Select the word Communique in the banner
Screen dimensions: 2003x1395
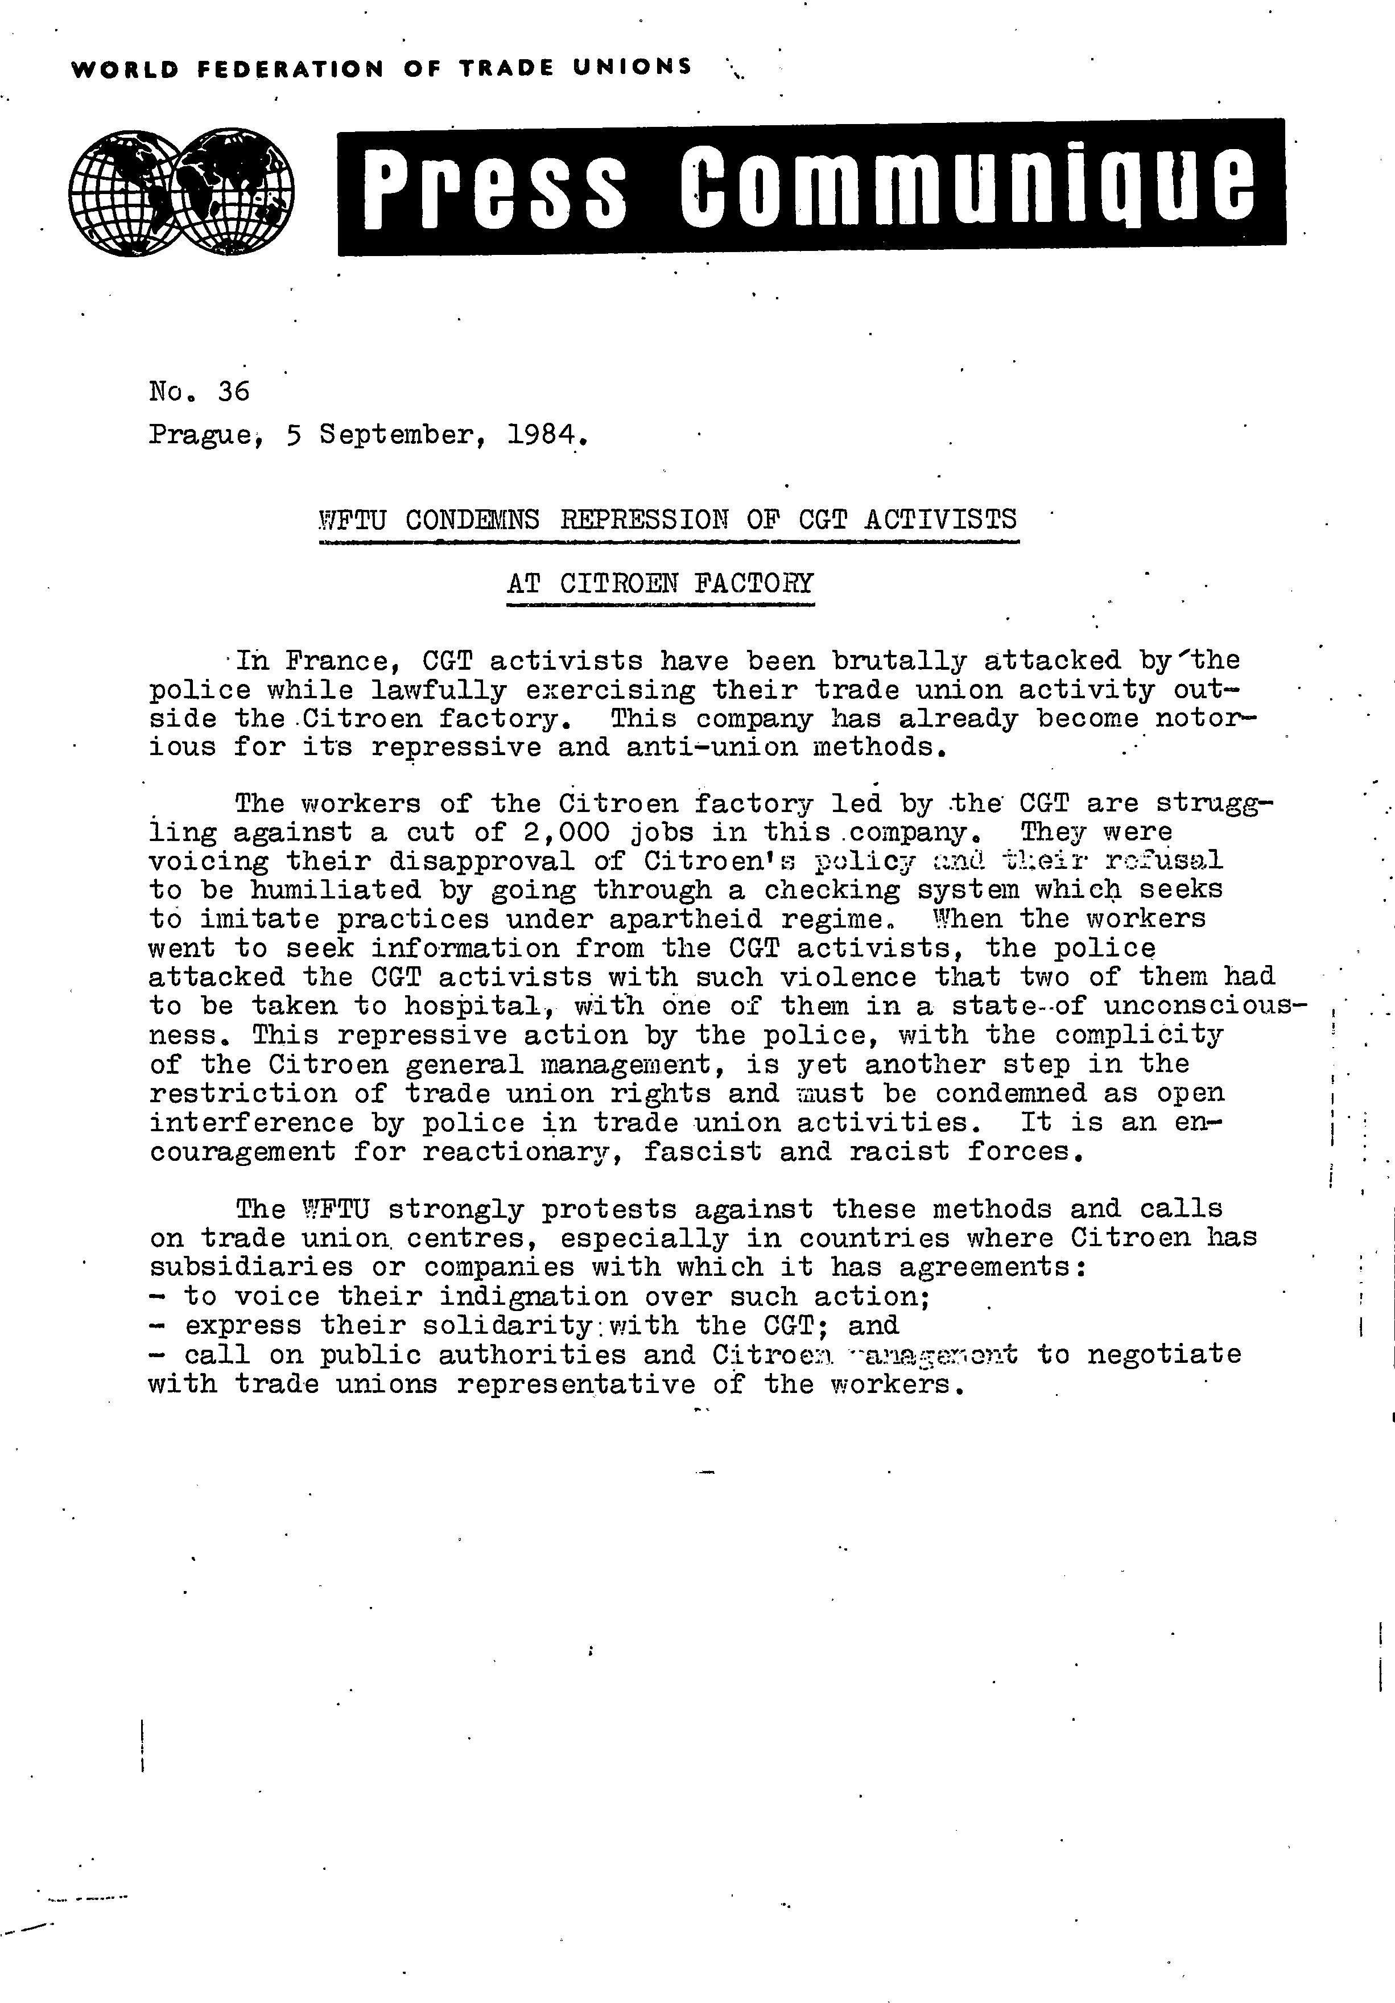click(968, 187)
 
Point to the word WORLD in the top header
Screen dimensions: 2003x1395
click(125, 69)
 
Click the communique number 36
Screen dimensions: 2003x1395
click(234, 391)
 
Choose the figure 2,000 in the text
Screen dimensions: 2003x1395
click(558, 832)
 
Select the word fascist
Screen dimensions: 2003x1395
click(702, 1152)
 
